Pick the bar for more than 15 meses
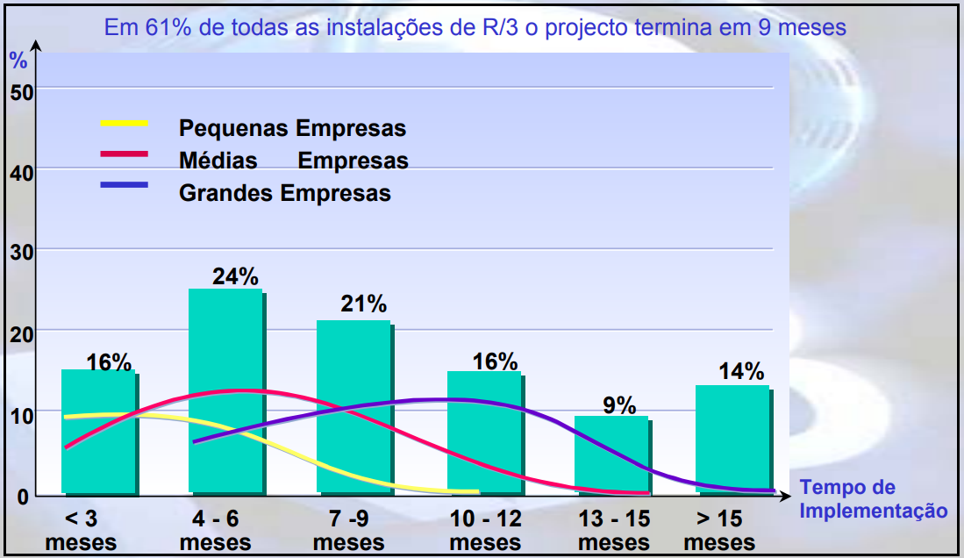(732, 439)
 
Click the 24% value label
(236, 276)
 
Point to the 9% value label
(619, 405)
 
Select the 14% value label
(741, 371)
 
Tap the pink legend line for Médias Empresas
(125, 154)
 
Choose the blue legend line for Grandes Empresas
(125, 185)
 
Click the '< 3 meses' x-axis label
(81, 530)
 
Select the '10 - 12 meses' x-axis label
(485, 530)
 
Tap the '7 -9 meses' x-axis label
(348, 530)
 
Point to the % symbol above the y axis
(18, 61)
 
